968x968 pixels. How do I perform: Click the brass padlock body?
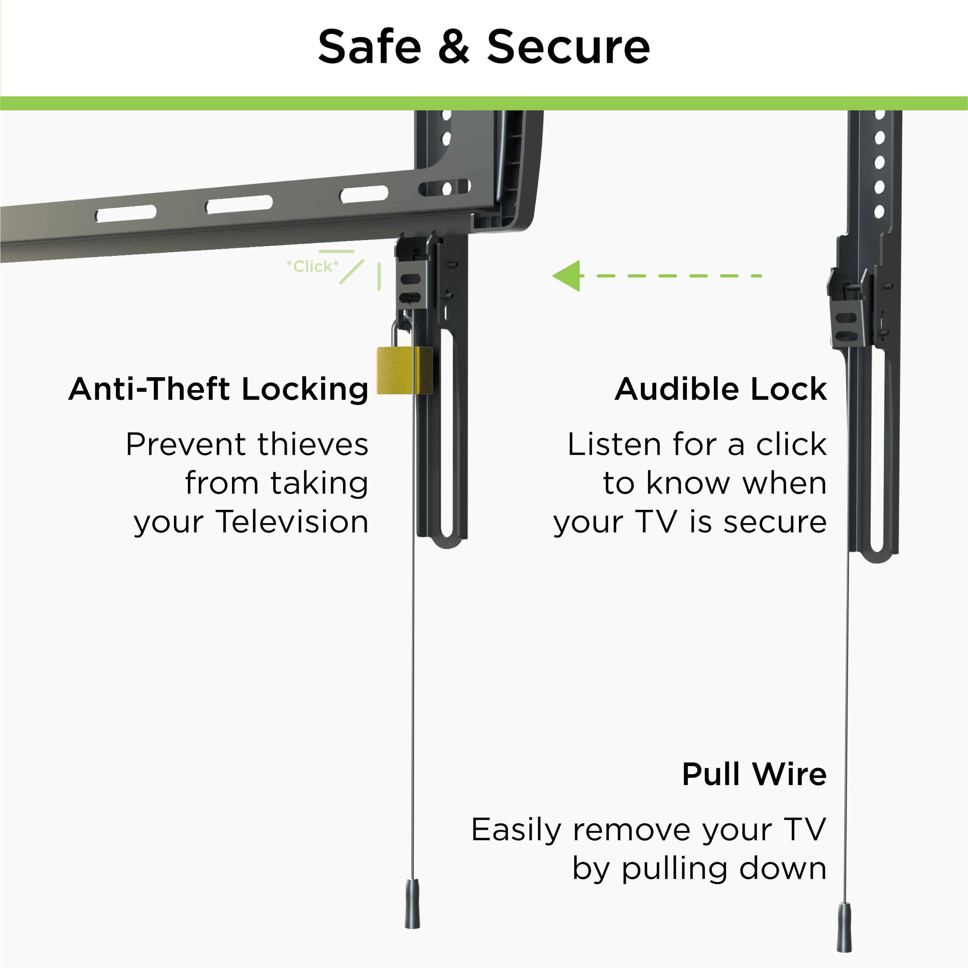(404, 370)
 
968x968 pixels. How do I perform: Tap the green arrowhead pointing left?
(568, 276)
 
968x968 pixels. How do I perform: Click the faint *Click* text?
(312, 266)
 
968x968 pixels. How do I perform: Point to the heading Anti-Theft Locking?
(218, 389)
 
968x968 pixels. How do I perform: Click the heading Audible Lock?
(721, 389)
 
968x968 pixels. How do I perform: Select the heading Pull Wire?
(754, 774)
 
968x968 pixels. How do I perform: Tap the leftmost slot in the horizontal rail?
(126, 214)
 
